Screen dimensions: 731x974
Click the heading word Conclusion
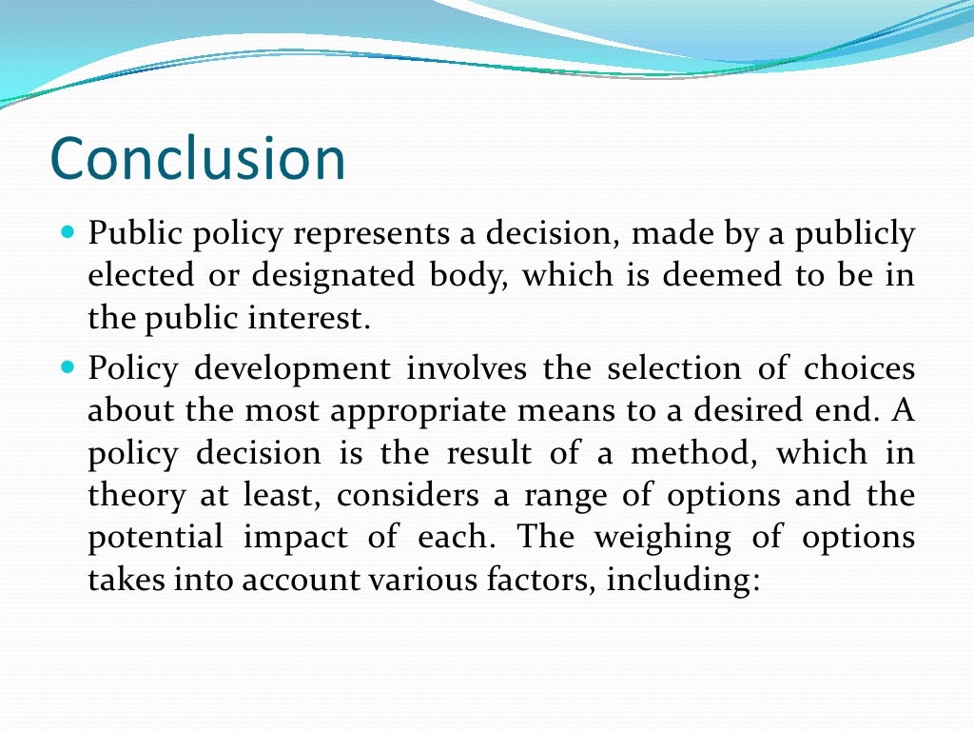tap(197, 158)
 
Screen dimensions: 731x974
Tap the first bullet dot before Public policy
tap(67, 231)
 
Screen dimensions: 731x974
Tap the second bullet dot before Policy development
tap(67, 365)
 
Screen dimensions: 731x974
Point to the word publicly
tap(859, 233)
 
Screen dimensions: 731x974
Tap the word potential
tap(155, 538)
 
